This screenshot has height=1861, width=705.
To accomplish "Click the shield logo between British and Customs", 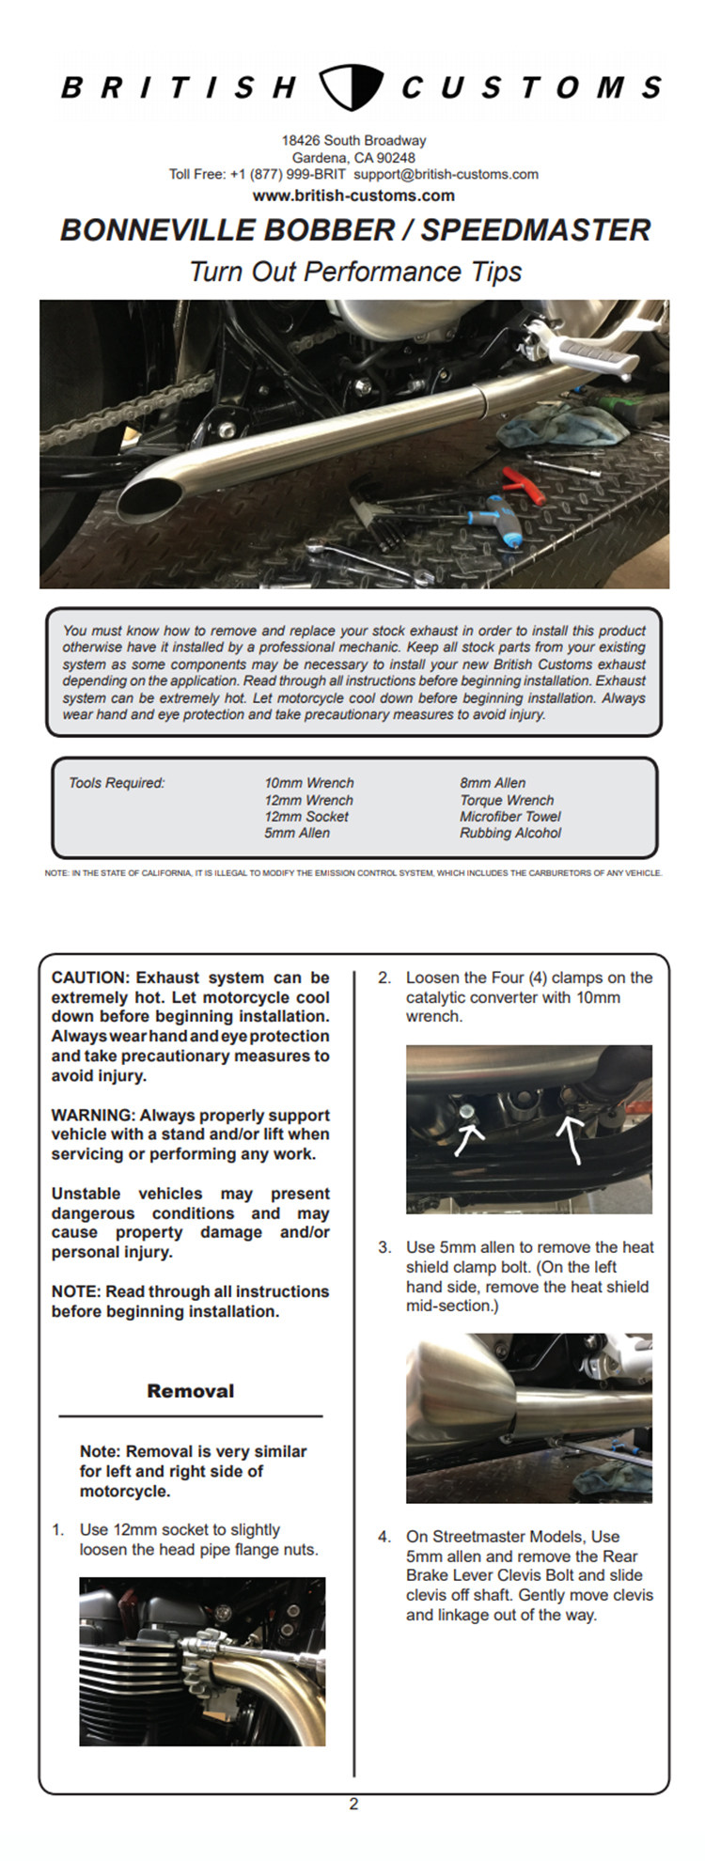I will pyautogui.click(x=351, y=87).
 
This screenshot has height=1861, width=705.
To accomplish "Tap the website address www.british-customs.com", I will pyautogui.click(x=353, y=195).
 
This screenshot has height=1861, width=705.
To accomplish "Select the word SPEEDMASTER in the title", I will pyautogui.click(x=536, y=230).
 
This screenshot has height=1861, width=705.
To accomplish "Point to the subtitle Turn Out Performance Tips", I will pyautogui.click(x=355, y=272).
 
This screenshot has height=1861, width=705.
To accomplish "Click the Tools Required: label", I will pyautogui.click(x=117, y=783).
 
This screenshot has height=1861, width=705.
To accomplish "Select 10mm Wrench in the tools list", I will pyautogui.click(x=309, y=783).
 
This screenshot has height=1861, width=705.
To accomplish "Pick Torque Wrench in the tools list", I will pyautogui.click(x=507, y=800).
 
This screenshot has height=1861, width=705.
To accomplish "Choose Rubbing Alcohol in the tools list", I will pyautogui.click(x=510, y=833).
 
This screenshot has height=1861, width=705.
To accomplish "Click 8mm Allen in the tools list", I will pyautogui.click(x=493, y=783).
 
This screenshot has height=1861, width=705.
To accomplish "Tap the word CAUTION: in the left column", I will pyautogui.click(x=90, y=977).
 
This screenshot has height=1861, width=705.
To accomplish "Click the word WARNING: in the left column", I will pyautogui.click(x=93, y=1116).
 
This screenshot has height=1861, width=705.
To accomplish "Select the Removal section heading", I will pyautogui.click(x=191, y=1391).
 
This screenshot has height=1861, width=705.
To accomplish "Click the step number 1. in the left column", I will pyautogui.click(x=59, y=1530).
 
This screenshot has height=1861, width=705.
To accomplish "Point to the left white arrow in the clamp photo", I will pyautogui.click(x=468, y=1139).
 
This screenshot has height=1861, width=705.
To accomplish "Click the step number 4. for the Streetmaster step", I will pyautogui.click(x=384, y=1537).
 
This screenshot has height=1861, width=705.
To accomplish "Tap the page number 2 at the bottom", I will pyautogui.click(x=353, y=1804).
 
